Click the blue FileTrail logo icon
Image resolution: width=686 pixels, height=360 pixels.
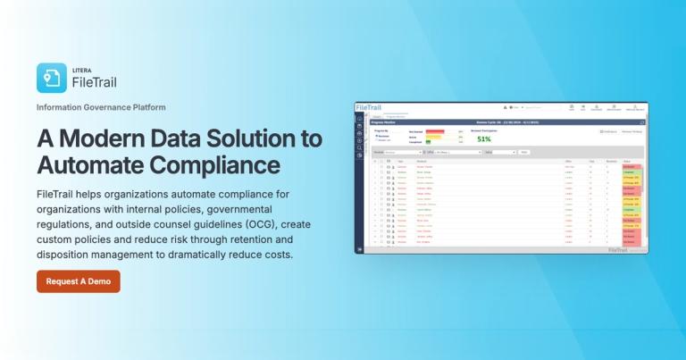point(52,78)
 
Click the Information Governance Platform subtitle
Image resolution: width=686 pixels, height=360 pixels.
point(101,107)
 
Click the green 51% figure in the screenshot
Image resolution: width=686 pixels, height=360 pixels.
point(484,139)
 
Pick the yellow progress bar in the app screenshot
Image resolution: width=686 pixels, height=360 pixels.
point(433,137)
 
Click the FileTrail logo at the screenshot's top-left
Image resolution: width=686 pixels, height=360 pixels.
point(368,107)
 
